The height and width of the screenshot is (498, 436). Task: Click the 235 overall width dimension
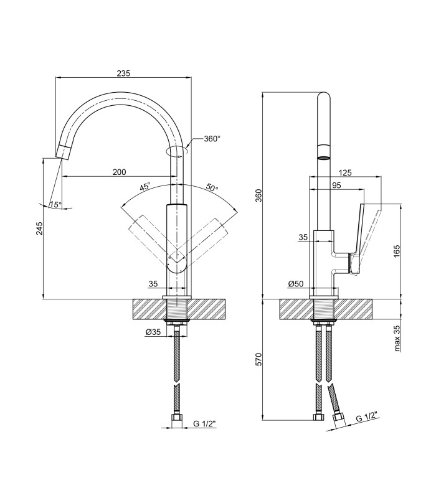tap(123, 73)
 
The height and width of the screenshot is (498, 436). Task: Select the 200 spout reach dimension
tap(120, 172)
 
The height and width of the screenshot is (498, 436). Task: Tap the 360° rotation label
tap(212, 139)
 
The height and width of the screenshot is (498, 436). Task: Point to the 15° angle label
tap(55, 205)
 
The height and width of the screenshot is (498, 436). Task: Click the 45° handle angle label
tap(145, 186)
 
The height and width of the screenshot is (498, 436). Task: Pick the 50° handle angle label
tap(212, 187)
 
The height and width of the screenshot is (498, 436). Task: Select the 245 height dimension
tap(39, 228)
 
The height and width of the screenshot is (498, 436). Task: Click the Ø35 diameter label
tap(153, 332)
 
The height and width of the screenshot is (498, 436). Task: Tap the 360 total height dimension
tap(259, 195)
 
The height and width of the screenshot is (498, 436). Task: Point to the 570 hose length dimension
tap(259, 359)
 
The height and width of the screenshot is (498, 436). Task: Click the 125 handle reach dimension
tap(345, 172)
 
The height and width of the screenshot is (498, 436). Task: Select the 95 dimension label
tap(336, 185)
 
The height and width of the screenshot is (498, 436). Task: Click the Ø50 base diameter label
tap(296, 284)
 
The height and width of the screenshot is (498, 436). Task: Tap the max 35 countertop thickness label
tap(397, 339)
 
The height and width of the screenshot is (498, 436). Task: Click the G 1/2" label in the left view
tap(204, 423)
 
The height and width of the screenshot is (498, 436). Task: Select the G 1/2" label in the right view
tap(366, 416)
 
